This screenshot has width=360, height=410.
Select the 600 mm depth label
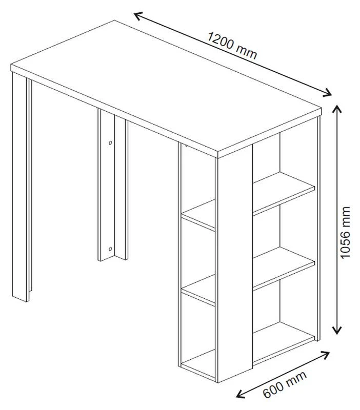pyautogui.click(x=285, y=384)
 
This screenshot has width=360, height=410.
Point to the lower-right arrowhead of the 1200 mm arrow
pyautogui.click(x=328, y=93)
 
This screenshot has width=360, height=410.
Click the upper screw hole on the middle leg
pyautogui.click(x=110, y=143)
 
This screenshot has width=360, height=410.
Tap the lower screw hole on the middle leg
pyautogui.click(x=110, y=249)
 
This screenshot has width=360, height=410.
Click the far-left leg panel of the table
pyautogui.click(x=20, y=187)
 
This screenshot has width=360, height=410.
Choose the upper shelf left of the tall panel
pyautogui.click(x=198, y=215)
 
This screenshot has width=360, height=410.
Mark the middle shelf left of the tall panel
pyautogui.click(x=198, y=290)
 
